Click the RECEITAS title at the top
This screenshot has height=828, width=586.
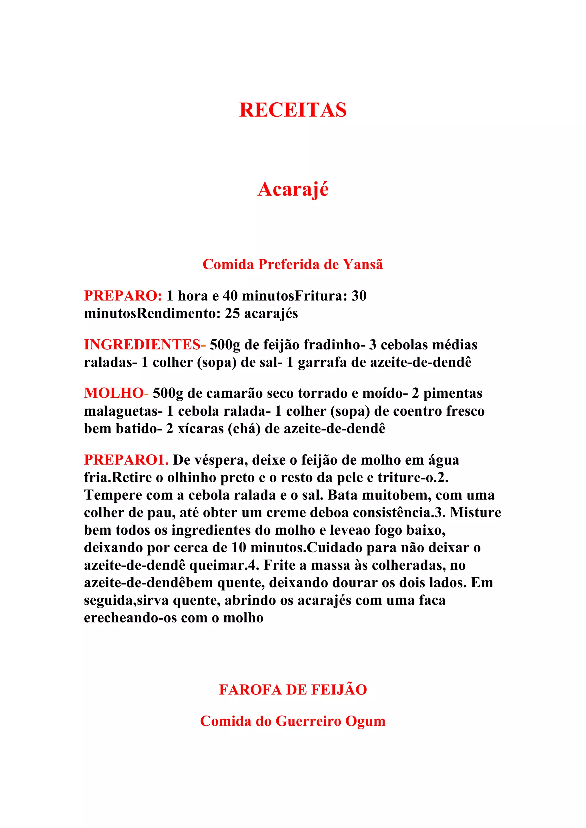point(293,110)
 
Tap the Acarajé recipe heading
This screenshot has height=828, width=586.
point(293,189)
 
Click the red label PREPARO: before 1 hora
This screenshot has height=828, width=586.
point(123,296)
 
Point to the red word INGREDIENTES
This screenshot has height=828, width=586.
point(142,345)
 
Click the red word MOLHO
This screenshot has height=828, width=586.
point(114,393)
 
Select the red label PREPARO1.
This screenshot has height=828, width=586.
point(126,460)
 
